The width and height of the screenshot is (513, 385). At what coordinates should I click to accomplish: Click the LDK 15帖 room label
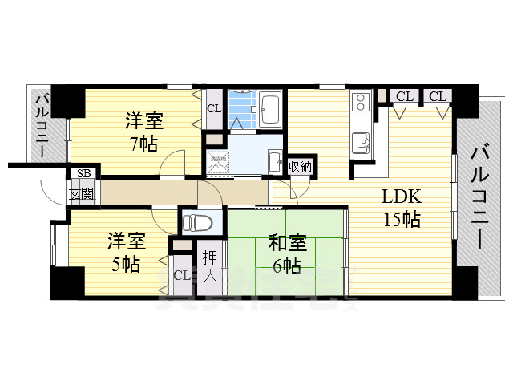coord(401,208)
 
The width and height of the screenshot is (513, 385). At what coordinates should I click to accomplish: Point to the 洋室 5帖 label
coord(126,251)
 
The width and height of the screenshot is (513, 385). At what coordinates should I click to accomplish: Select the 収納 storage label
coord(301,166)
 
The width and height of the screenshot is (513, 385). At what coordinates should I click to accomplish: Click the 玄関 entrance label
coord(83,192)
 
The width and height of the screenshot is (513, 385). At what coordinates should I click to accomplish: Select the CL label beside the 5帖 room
coord(182,275)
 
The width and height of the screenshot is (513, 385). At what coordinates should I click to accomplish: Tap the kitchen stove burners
coord(360,101)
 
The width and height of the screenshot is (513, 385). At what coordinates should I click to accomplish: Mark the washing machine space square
coord(216,160)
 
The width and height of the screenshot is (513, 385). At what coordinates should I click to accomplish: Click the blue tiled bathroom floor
coord(239,110)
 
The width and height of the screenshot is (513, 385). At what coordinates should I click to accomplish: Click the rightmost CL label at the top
coord(437,96)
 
